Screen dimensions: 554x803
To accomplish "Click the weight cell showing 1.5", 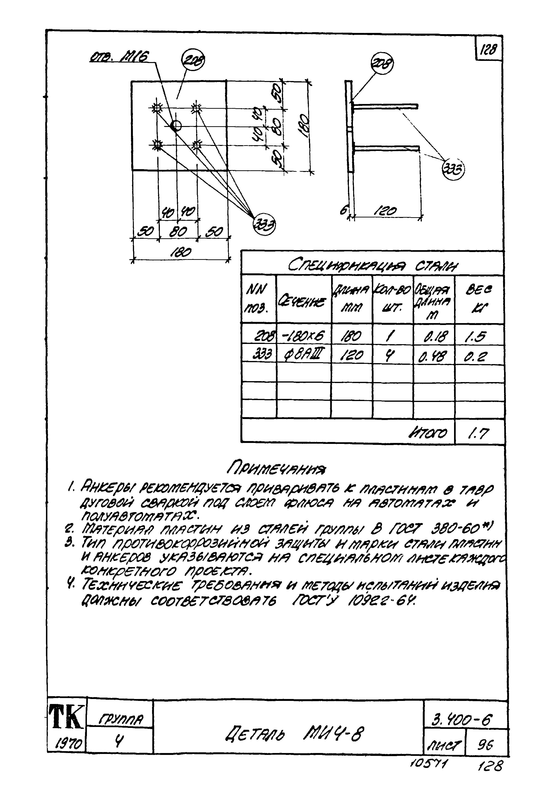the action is [x=479, y=336].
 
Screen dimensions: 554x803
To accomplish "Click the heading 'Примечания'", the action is [x=276, y=469].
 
